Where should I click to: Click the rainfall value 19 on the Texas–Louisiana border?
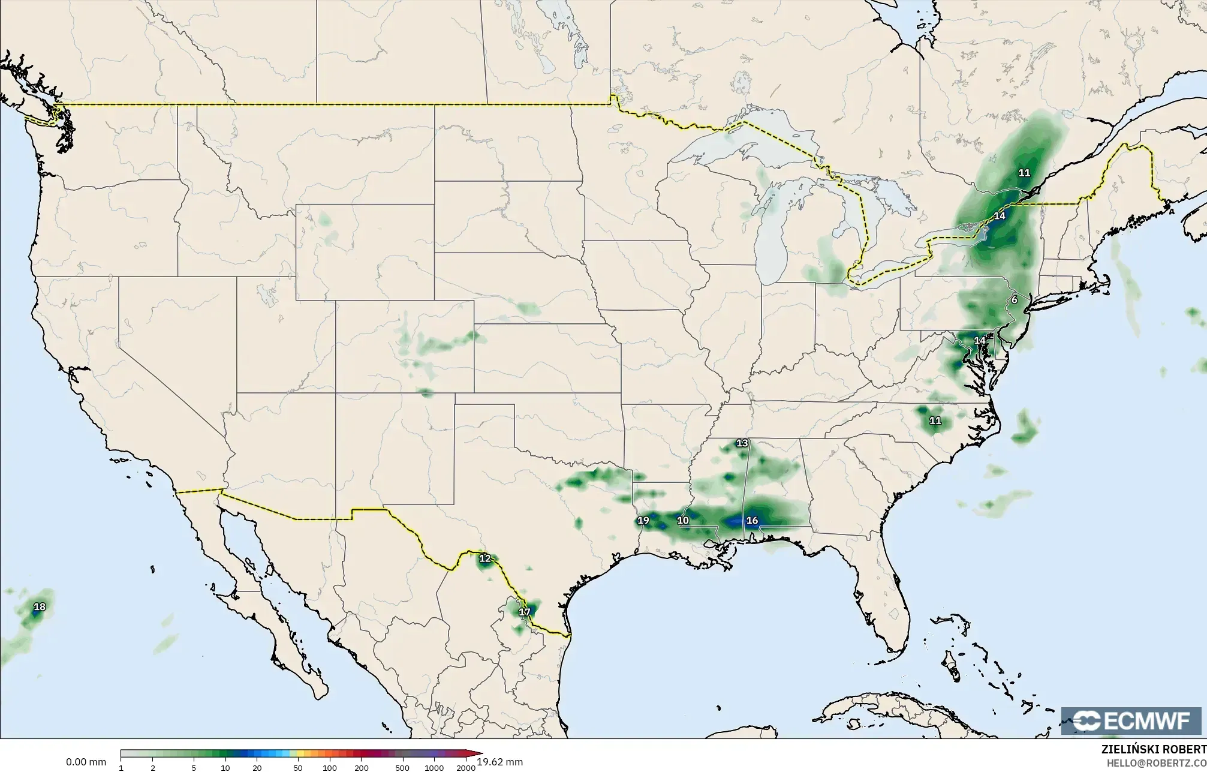(643, 520)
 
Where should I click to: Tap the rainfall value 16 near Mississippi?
(752, 520)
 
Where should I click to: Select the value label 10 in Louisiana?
(683, 520)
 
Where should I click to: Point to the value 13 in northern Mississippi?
(742, 443)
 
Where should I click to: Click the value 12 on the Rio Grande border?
(484, 558)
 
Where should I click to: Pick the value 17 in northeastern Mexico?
(524, 612)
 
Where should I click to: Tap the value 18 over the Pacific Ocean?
(39, 607)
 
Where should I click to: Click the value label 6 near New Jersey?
(1014, 300)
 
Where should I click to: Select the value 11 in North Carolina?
(935, 420)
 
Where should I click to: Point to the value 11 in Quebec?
(1024, 173)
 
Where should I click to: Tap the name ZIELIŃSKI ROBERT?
(1154, 749)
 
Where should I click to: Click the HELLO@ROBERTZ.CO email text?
(1156, 762)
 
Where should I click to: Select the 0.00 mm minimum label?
(86, 762)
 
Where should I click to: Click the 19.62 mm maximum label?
(500, 762)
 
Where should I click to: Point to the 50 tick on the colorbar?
(297, 768)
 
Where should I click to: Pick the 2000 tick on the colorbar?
(465, 768)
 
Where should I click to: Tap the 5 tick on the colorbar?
(194, 768)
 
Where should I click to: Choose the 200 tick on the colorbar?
(361, 768)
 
